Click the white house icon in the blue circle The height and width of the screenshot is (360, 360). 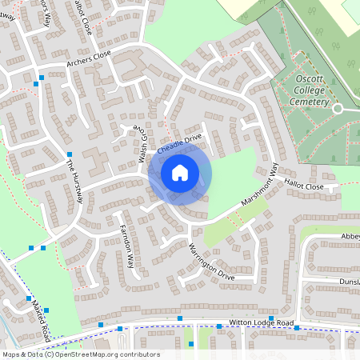180,172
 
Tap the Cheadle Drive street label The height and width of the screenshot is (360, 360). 179,145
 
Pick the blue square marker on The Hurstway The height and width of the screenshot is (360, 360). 70,154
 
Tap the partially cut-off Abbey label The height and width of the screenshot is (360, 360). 350,237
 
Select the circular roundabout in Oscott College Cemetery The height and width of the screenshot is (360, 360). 338,108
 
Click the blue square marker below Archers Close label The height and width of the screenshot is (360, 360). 42,77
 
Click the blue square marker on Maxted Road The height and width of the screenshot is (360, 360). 46,310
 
